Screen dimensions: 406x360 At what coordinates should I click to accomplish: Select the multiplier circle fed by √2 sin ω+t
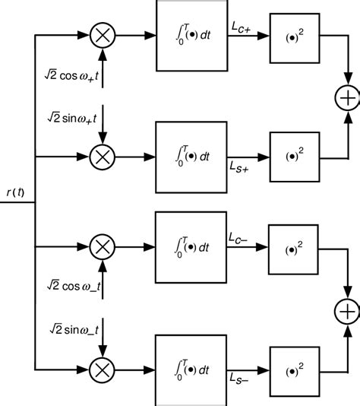pyautogui.click(x=101, y=157)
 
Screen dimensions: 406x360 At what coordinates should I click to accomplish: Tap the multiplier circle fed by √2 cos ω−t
pyautogui.click(x=101, y=246)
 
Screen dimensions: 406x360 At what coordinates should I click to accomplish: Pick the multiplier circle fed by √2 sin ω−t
pyautogui.click(x=101, y=370)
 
